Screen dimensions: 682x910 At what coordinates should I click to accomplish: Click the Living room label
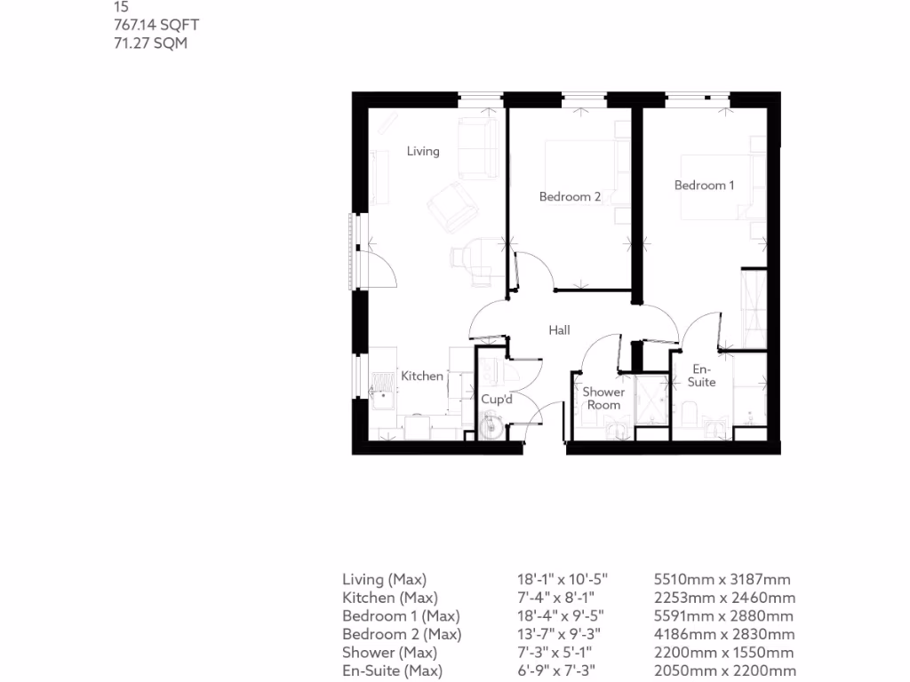tap(423, 151)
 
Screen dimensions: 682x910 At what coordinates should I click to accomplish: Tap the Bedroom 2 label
tap(571, 196)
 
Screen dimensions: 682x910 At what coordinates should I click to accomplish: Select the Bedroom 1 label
tap(704, 185)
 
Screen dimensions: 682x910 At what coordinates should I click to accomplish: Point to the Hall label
tap(559, 330)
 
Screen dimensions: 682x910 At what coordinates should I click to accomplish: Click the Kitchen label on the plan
tap(421, 376)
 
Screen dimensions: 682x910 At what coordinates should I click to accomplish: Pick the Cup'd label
tap(497, 400)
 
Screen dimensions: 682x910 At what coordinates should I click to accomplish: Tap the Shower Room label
tap(603, 398)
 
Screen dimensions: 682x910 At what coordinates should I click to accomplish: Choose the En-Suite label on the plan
tap(702, 375)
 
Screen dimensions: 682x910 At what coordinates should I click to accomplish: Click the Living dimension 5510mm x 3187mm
tap(722, 579)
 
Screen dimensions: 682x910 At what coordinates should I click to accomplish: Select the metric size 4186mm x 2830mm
tap(723, 634)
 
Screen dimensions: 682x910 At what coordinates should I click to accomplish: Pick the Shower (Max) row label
tap(389, 653)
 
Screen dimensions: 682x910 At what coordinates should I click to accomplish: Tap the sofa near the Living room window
tap(477, 146)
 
